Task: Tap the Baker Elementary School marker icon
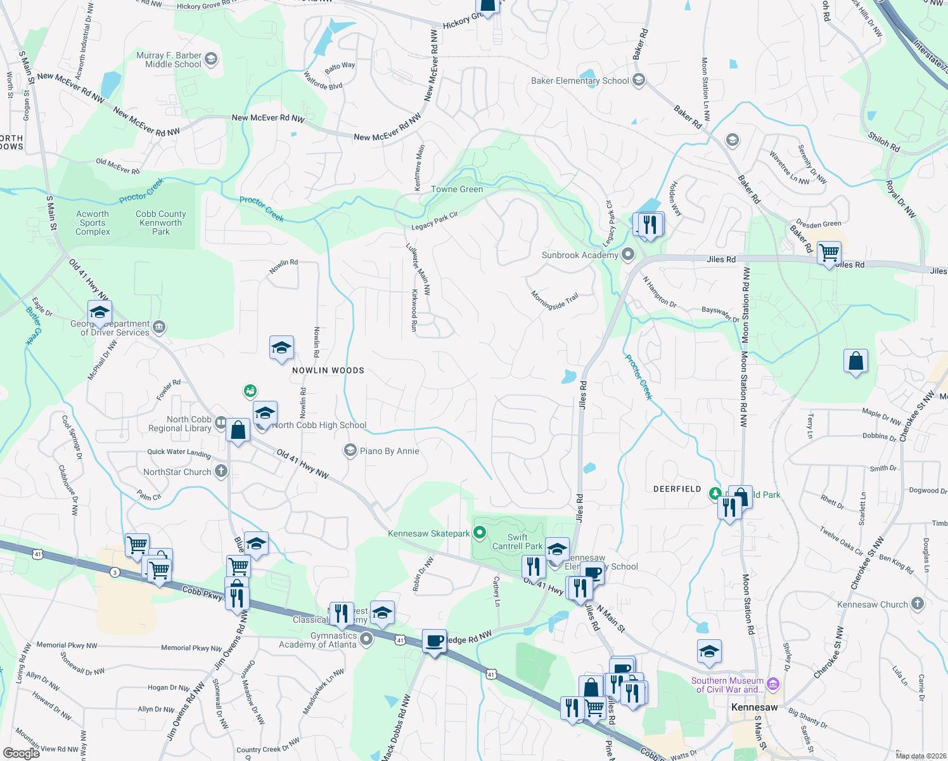639,80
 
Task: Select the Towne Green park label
457,189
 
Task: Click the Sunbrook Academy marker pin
628,254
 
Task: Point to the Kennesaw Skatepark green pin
480,533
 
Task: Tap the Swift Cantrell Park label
517,542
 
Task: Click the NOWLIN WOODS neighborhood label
328,370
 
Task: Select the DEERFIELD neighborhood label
677,489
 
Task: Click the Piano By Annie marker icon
350,451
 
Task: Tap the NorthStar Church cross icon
221,471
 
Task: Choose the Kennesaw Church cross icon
918,604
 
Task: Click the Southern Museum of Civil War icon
772,684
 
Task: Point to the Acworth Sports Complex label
93,223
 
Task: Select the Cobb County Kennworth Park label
161,223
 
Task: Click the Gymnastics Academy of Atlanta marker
366,639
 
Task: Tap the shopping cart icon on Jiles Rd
829,253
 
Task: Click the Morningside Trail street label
554,301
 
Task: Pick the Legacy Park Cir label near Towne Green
435,221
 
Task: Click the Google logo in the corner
22,753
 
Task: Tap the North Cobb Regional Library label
180,424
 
